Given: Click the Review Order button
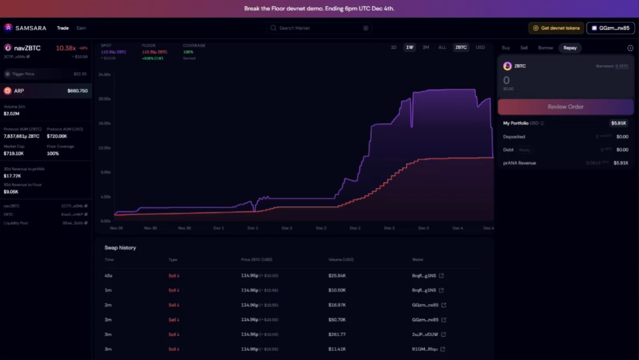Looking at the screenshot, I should point(565,107).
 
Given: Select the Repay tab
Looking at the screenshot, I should point(570,48).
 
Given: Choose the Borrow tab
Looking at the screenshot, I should point(545,48).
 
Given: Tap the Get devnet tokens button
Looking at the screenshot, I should point(556,28).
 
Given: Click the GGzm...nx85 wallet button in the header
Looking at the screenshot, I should point(610,28).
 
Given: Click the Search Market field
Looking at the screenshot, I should point(319,28).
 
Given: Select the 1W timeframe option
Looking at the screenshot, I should point(410,48).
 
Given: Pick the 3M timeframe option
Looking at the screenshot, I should point(426,48).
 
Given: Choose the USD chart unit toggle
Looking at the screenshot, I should point(480,48).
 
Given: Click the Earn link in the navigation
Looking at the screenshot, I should point(81,28).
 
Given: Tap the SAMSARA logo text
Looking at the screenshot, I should point(31,28).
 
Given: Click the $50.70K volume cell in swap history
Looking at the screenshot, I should point(337,320).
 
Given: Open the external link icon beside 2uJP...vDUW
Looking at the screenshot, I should point(443,334).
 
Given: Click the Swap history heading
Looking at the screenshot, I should point(120,248).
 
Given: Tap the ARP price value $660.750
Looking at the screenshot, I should point(77,91).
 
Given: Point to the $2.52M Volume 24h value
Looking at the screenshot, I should point(12,114).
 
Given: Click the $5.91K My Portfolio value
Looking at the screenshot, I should point(618,123).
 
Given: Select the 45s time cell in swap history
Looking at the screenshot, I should point(108,276).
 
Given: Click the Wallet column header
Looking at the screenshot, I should point(418,260).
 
